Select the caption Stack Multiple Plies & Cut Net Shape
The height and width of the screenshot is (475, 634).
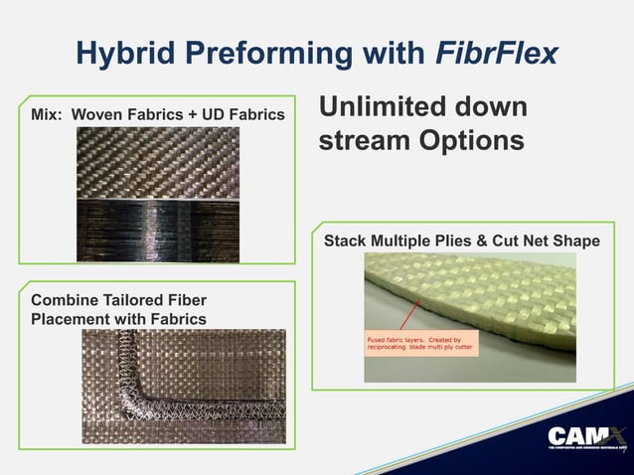coord(463,242)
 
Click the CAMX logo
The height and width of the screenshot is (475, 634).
coord(587,438)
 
